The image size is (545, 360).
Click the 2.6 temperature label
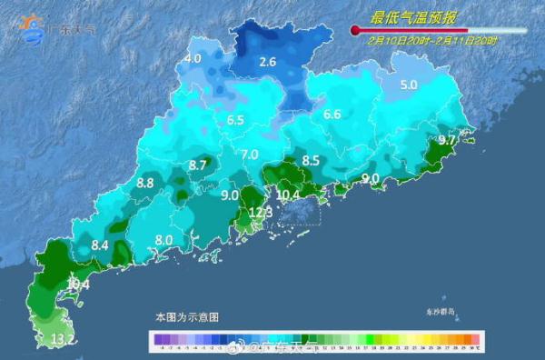[267, 63]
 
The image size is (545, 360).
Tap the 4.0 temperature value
[193, 59]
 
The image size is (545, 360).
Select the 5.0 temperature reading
[409, 85]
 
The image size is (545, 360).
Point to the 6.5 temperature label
[236, 120]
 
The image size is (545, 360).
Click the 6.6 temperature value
[332, 115]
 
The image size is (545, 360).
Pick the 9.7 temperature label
[446, 141]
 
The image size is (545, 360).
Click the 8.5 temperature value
[311, 161]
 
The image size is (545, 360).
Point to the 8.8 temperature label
[144, 183]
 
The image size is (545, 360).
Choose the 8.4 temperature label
[100, 245]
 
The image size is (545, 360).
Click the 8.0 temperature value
[164, 239]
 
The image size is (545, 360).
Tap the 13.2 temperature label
[63, 340]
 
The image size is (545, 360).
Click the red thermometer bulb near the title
[355, 31]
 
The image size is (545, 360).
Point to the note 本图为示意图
[186, 316]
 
